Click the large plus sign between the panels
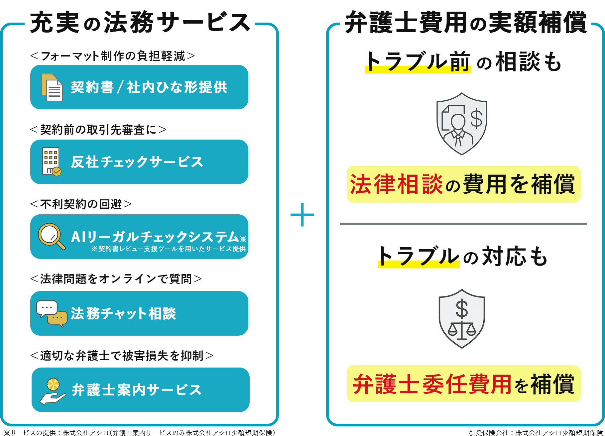tap(302, 215)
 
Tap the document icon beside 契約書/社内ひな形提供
tap(52, 87)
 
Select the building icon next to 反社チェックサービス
tap(51, 162)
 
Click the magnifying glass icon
tap(51, 236)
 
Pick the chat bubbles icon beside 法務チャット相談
tap(52, 313)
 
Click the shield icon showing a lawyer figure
tap(461, 124)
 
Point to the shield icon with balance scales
tap(462, 319)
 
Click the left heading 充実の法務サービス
tap(140, 23)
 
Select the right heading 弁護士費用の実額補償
tap(465, 23)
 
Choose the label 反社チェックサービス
tap(137, 162)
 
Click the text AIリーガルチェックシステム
tap(155, 237)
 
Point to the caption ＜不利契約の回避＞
tap(81, 204)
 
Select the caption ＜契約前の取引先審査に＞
tap(98, 130)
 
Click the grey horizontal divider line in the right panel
tap(463, 224)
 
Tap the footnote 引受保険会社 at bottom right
tap(536, 432)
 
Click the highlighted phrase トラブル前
tap(418, 62)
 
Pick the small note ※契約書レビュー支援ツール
tap(169, 249)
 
